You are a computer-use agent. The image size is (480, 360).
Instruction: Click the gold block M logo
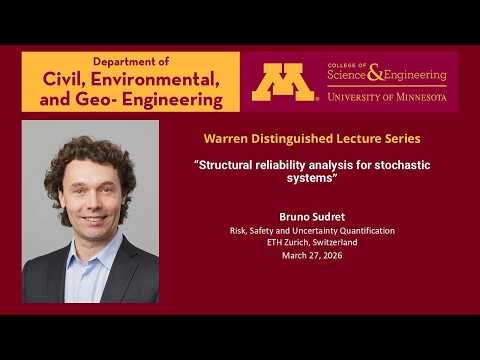point(283,82)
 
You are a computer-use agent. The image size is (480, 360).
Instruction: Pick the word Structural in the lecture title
point(229,164)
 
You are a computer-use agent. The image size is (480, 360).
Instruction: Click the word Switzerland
point(336,243)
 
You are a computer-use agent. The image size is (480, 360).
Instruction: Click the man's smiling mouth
point(93,217)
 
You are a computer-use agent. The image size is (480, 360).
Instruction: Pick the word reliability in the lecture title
point(286,164)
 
